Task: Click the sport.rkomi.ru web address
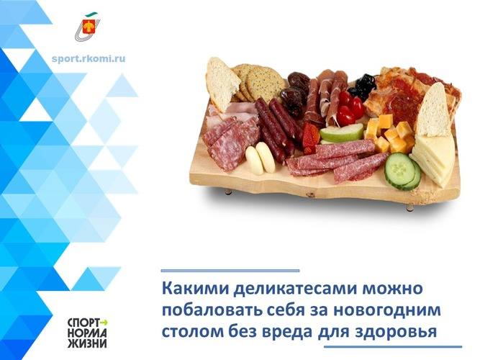coord(89,58)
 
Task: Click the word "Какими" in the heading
coord(196,288)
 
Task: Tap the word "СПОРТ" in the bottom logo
coord(83,323)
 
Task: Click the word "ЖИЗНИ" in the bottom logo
coord(87,343)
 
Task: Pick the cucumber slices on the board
coord(402,171)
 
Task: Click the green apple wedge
coord(342,134)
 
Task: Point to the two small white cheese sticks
coord(261,158)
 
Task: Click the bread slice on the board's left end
coord(222,84)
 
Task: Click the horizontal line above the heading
coord(230,271)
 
